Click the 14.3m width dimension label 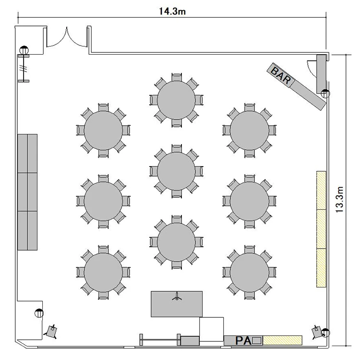click(x=172, y=11)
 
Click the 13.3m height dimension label click(x=339, y=200)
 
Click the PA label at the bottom click(x=243, y=340)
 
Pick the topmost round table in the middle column click(x=176, y=100)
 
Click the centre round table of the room click(x=176, y=171)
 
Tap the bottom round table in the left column click(x=103, y=272)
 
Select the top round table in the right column click(x=250, y=131)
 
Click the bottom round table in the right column click(x=250, y=272)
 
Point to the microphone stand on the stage click(x=177, y=297)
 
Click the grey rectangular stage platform click(x=177, y=304)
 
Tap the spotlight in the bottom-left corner click(x=51, y=332)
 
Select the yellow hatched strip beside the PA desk click(x=282, y=340)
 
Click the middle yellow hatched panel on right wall click(x=321, y=229)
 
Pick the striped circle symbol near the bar click(x=325, y=94)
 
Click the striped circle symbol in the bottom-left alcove click(x=39, y=313)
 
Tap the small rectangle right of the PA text click(x=257, y=340)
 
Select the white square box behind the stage click(x=211, y=329)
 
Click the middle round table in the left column click(x=103, y=201)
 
